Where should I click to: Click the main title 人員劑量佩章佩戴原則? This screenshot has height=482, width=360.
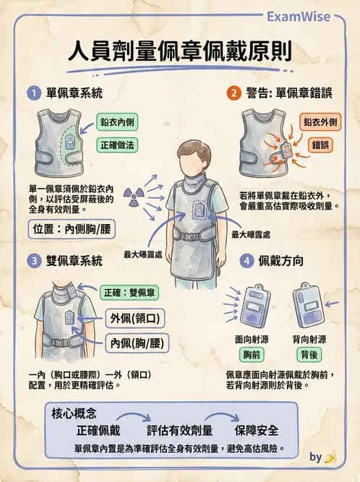[x=179, y=52]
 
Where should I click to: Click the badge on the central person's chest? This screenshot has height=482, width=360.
[x=200, y=210]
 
